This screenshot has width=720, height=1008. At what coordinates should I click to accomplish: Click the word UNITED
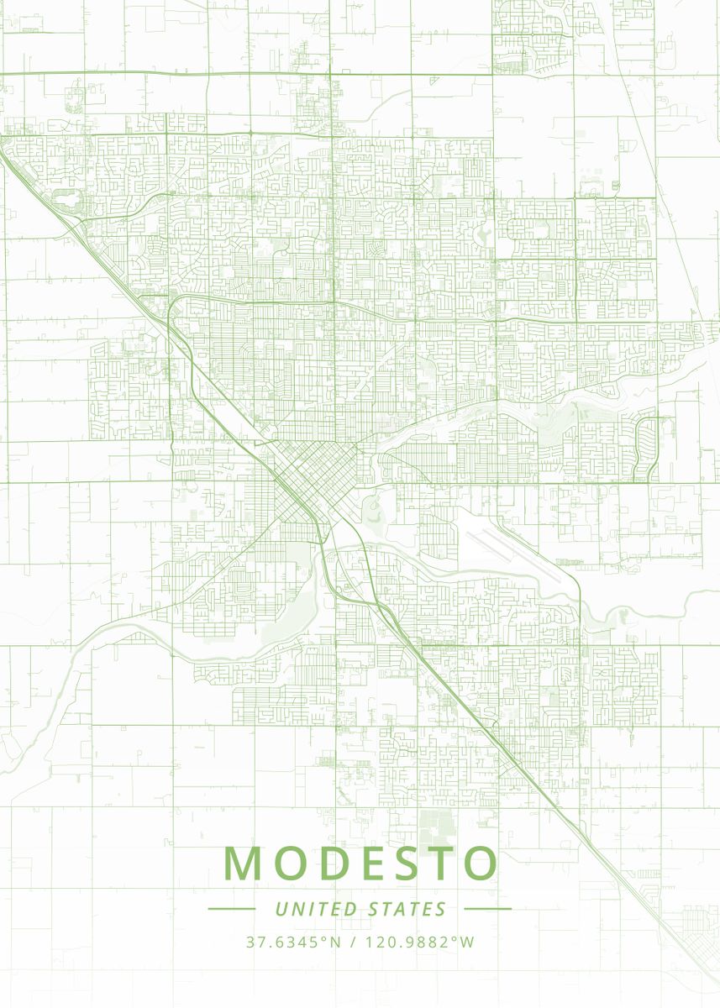pos(315,909)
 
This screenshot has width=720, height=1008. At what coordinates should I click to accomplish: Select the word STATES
pos(407,909)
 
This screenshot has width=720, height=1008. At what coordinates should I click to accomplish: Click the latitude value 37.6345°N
pos(293,942)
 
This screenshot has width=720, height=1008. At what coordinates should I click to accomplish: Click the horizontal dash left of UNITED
pos(231,909)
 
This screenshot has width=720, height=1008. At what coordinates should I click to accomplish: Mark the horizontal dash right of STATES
pos(487,909)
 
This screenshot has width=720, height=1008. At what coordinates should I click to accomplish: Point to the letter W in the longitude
pos(468,942)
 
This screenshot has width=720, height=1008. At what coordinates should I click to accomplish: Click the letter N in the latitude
pos(335,942)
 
